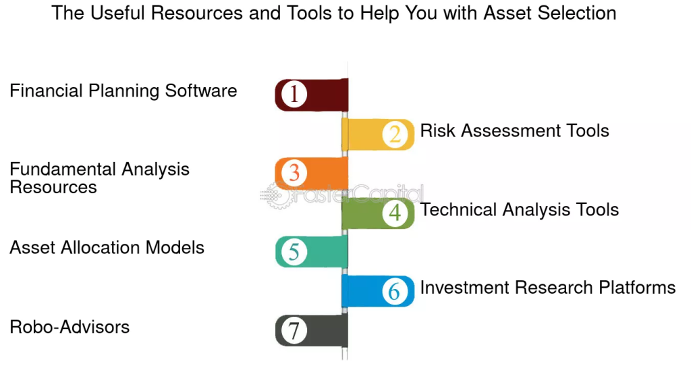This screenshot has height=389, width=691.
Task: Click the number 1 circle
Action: [294, 94]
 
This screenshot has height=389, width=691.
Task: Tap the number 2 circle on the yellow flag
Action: [395, 134]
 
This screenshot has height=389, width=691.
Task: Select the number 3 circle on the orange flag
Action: [294, 173]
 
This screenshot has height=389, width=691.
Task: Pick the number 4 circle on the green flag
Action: [395, 213]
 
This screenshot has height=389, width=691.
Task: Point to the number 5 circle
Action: [294, 252]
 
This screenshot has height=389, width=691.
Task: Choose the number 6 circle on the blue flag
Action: [395, 291]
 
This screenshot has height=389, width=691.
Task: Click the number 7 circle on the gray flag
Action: [294, 331]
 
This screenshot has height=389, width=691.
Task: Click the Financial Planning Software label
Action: [123, 91]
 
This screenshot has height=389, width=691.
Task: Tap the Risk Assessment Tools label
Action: [514, 130]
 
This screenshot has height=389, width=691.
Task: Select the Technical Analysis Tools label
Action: [519, 210]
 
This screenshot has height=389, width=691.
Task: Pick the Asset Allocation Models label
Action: [107, 247]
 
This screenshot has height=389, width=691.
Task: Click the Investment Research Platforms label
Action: [548, 288]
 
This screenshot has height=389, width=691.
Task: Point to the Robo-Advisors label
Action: [70, 327]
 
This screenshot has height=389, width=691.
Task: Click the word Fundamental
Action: [63, 169]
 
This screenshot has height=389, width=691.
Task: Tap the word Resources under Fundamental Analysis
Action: [53, 188]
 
